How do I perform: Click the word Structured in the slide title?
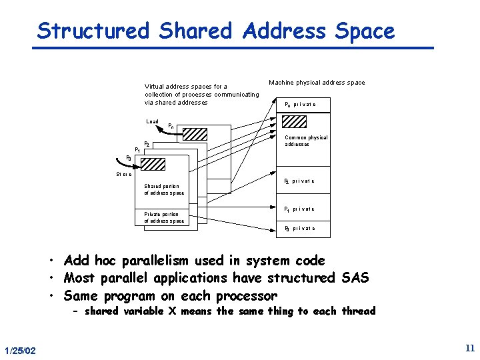coord(93,31)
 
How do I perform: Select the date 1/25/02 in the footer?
coord(21,351)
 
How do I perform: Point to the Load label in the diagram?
coord(152,121)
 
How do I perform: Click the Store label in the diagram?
coord(123,175)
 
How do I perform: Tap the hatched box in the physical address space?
coord(294,121)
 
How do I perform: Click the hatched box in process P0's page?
coord(154,163)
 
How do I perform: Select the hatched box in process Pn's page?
coord(195,133)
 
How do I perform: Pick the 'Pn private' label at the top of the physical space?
coord(300,104)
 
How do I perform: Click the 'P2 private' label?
coord(299,181)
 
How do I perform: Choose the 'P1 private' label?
coord(299,209)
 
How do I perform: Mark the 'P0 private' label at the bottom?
coord(299,228)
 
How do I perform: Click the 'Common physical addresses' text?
coord(306,141)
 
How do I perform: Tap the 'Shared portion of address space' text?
coord(164,189)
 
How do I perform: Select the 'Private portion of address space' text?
coord(164,217)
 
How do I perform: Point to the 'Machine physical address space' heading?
coord(317,83)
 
